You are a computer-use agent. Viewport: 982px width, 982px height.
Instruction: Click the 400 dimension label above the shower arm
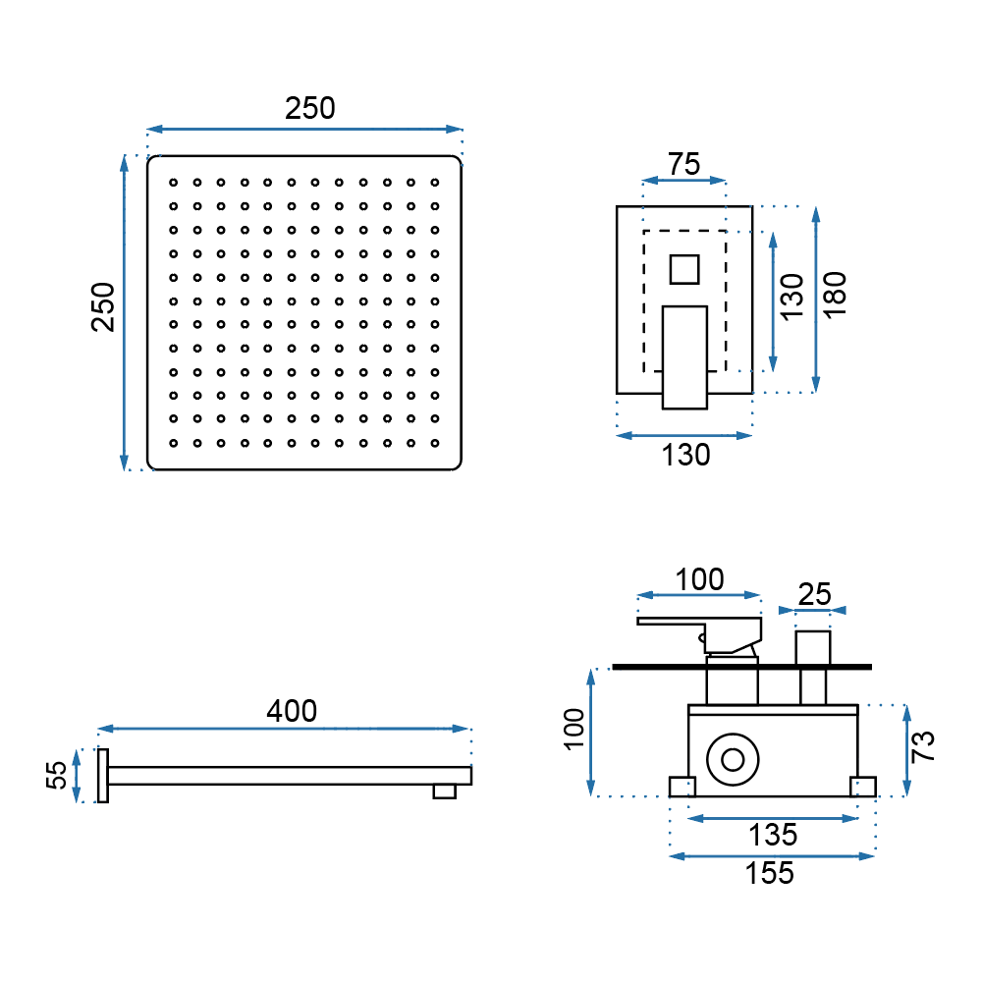pos(292,710)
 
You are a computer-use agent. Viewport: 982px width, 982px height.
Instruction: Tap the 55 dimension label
pos(58,775)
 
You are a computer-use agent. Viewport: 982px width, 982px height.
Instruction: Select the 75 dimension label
pos(683,164)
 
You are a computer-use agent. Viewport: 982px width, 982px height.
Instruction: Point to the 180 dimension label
pos(836,292)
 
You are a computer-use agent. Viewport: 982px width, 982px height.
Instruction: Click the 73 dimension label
pos(922,747)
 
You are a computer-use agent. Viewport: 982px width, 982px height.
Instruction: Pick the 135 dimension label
pos(773,836)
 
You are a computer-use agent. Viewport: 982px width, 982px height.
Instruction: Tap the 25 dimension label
pos(814,593)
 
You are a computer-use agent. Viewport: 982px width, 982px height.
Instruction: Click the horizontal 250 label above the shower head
pos(310,109)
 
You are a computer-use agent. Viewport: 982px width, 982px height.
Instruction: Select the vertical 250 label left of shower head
pos(103,307)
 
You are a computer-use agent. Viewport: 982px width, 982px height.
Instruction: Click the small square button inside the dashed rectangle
pos(683,268)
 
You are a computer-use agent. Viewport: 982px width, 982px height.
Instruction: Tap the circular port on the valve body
pos(733,760)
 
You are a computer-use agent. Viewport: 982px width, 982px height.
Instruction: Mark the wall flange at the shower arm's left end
pos(102,776)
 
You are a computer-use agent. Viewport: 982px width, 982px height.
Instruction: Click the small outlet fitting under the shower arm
pos(445,791)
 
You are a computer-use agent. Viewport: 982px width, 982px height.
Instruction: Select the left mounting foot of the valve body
pos(682,787)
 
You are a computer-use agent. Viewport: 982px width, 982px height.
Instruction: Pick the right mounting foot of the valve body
pos(862,787)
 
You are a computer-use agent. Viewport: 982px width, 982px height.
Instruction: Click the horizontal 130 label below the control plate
pos(684,455)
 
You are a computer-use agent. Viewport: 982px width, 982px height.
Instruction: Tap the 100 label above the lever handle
pos(699,579)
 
